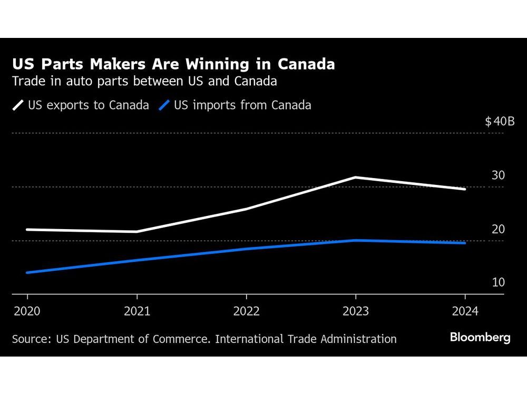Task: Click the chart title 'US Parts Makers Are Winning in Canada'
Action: (173, 64)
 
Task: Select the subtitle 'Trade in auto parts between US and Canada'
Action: (144, 82)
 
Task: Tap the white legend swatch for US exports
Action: (18, 105)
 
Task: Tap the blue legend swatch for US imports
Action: (164, 105)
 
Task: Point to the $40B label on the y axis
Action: (499, 122)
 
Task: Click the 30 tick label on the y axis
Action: (498, 175)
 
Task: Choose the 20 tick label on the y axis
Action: (498, 229)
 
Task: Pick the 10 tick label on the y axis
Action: (498, 282)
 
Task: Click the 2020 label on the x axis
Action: (27, 311)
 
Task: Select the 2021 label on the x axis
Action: (137, 311)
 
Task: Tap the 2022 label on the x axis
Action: (246, 311)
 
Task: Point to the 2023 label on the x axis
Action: (356, 311)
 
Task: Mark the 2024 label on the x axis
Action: (465, 311)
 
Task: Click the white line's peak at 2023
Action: (356, 177)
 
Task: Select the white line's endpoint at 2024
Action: (465, 189)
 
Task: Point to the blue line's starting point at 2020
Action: (27, 272)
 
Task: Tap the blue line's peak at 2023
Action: (356, 240)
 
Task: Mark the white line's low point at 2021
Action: (137, 231)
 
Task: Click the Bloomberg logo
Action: (480, 338)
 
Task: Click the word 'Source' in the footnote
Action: (30, 339)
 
